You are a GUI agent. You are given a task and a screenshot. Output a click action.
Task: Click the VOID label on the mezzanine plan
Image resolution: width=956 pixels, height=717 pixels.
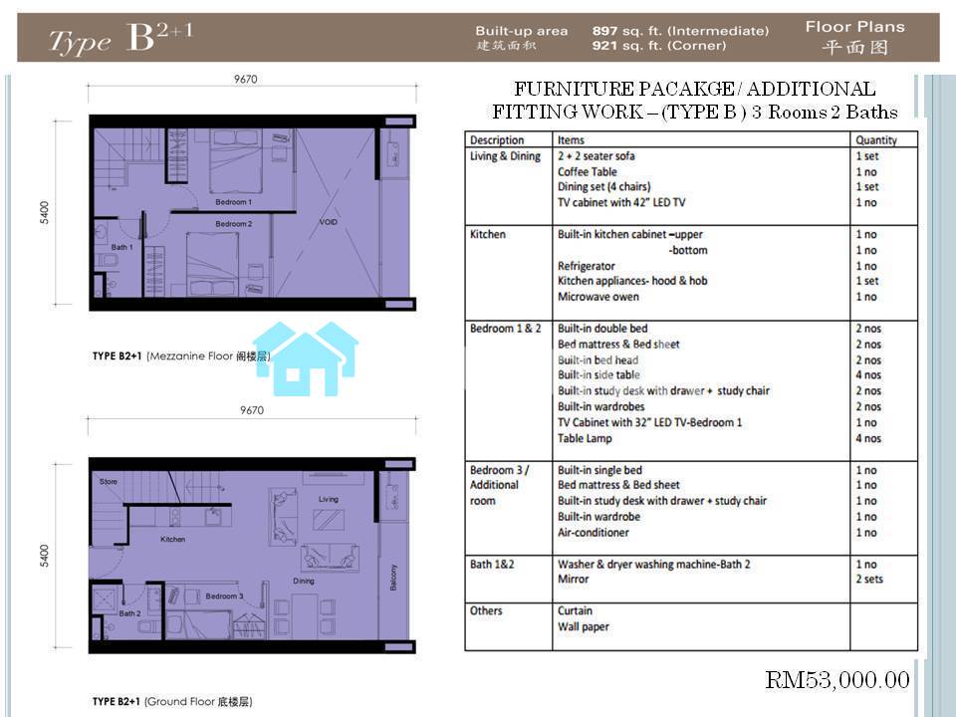click(x=328, y=222)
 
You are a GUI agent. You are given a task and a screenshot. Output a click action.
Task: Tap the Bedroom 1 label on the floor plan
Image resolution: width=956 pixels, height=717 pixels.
click(x=233, y=202)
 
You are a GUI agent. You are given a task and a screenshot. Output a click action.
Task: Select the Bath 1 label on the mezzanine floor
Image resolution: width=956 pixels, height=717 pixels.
click(x=121, y=247)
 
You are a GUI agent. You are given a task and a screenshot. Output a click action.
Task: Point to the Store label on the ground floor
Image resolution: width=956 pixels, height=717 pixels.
click(x=109, y=482)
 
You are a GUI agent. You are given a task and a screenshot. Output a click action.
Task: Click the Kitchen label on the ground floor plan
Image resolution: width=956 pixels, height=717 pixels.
click(x=173, y=539)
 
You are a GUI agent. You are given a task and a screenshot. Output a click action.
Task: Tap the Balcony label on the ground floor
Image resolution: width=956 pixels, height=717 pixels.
click(x=393, y=578)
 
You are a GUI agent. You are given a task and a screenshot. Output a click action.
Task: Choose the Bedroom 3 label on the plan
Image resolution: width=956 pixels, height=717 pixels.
click(x=224, y=596)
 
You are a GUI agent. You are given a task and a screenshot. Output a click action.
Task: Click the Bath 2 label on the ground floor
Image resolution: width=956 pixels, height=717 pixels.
click(x=129, y=613)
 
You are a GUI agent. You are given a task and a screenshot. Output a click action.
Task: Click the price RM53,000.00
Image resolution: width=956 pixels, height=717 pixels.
click(x=837, y=680)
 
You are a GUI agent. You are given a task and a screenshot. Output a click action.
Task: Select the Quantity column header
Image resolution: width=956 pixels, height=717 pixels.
click(x=876, y=140)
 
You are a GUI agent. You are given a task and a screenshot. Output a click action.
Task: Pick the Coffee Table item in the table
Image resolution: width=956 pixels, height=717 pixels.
click(x=588, y=172)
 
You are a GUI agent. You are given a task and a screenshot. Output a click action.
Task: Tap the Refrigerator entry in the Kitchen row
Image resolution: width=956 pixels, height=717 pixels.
click(x=587, y=266)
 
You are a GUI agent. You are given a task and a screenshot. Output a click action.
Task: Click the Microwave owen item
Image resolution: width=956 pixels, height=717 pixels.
click(x=598, y=297)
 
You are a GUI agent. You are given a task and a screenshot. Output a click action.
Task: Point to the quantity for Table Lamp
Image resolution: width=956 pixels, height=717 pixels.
click(x=868, y=438)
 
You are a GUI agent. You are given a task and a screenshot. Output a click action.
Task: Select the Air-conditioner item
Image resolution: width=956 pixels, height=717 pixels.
click(x=594, y=532)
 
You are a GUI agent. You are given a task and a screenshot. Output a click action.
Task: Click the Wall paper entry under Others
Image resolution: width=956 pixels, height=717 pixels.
click(x=584, y=626)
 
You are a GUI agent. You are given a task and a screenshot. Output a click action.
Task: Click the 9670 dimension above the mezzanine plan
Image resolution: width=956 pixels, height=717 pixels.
click(x=246, y=80)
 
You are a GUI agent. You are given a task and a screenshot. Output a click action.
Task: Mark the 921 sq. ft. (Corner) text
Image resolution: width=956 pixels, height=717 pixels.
click(x=659, y=46)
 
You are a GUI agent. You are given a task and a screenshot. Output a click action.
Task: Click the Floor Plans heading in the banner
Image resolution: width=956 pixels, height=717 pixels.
click(x=854, y=27)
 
